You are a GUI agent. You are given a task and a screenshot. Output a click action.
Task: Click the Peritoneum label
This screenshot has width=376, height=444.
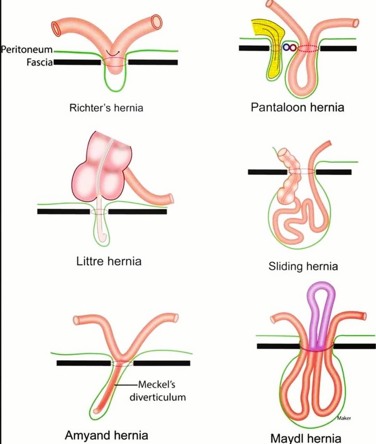point(27,50)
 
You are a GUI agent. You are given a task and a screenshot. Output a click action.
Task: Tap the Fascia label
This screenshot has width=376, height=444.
point(40,62)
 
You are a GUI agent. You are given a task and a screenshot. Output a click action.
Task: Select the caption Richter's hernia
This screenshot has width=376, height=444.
point(106,108)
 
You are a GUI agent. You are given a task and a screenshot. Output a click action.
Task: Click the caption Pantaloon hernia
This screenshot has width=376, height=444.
point(298,107)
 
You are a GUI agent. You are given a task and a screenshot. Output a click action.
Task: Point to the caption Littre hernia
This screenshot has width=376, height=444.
point(109,261)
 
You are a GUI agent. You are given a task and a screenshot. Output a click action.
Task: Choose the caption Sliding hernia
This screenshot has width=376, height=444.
point(303,266)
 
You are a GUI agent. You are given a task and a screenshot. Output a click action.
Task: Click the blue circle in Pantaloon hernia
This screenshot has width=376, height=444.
point(286,47)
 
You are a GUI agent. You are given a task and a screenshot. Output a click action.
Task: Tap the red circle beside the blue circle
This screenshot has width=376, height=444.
point(293,47)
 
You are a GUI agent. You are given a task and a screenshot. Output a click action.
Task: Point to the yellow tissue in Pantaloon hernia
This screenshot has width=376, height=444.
point(271,43)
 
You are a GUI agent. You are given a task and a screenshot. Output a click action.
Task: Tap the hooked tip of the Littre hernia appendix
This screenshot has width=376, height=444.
point(104,237)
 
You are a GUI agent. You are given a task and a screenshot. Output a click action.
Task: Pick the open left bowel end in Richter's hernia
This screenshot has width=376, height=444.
point(56,28)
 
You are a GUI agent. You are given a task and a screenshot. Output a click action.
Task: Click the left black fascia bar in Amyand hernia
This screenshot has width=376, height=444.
point(84,363)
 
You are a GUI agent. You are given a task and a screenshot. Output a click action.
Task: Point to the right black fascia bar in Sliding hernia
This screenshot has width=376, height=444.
point(334,172)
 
